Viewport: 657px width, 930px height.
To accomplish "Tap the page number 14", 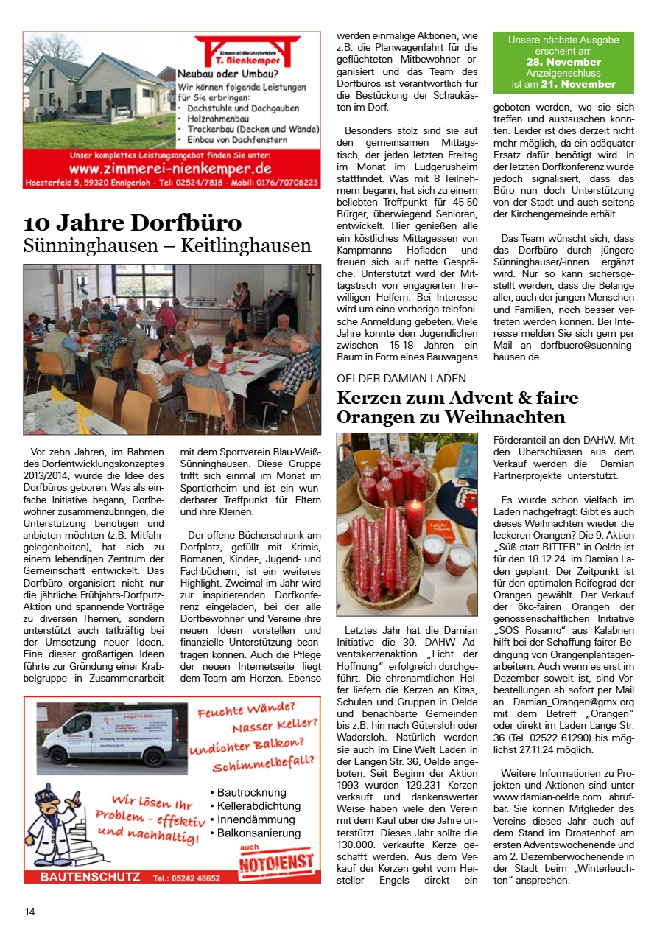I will (x=29, y=912).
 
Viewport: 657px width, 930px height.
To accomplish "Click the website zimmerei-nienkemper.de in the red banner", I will (x=171, y=169).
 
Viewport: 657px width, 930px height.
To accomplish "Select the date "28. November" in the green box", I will (x=563, y=63).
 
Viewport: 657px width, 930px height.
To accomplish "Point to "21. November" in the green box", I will (x=584, y=84).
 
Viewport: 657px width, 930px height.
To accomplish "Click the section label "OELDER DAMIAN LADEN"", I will (x=401, y=378).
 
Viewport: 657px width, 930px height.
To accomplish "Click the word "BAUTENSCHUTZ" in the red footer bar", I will (x=90, y=877).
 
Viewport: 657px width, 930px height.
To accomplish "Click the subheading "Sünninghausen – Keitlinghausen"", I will (x=167, y=245).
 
